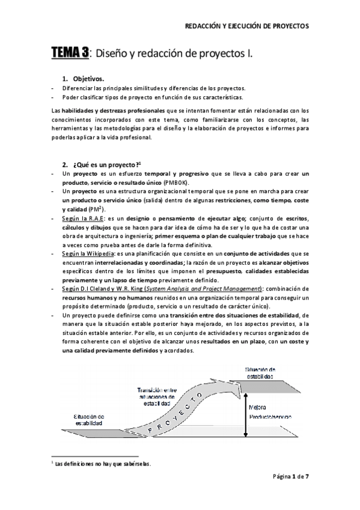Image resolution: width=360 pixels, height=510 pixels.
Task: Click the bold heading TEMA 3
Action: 69,54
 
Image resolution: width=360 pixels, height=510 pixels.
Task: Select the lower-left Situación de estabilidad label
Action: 89,419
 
